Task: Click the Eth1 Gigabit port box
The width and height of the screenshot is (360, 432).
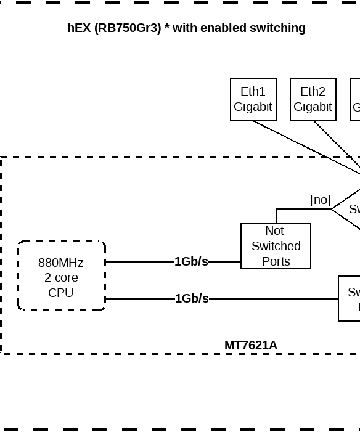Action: [x=253, y=99]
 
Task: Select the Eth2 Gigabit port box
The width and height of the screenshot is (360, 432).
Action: [x=313, y=99]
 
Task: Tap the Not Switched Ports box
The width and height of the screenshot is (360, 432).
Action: [x=276, y=246]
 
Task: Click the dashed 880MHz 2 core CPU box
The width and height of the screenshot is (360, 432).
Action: [x=62, y=276]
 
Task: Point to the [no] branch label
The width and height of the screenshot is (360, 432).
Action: [x=320, y=200]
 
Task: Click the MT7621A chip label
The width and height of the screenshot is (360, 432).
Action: [x=250, y=346]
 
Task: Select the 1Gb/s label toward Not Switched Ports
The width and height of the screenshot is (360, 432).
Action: [x=191, y=262]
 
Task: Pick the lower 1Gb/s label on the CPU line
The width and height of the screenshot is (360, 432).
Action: [x=192, y=299]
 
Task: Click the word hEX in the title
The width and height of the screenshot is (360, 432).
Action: [x=79, y=28]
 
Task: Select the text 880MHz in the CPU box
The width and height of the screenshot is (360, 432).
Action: [x=61, y=263]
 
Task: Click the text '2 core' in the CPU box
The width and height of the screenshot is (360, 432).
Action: [x=61, y=277]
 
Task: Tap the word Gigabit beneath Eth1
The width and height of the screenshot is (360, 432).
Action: [x=253, y=107]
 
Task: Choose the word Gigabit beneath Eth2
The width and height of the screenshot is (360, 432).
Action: [x=313, y=107]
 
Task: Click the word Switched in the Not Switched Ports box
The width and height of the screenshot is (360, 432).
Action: [x=276, y=246]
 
